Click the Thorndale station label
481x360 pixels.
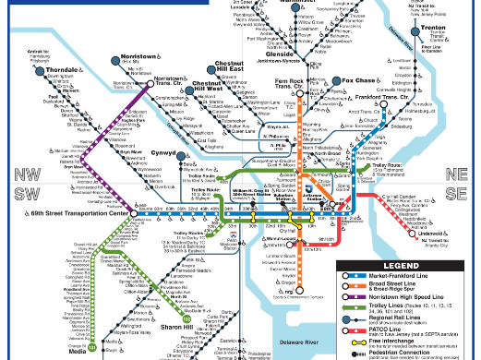click(34, 70)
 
